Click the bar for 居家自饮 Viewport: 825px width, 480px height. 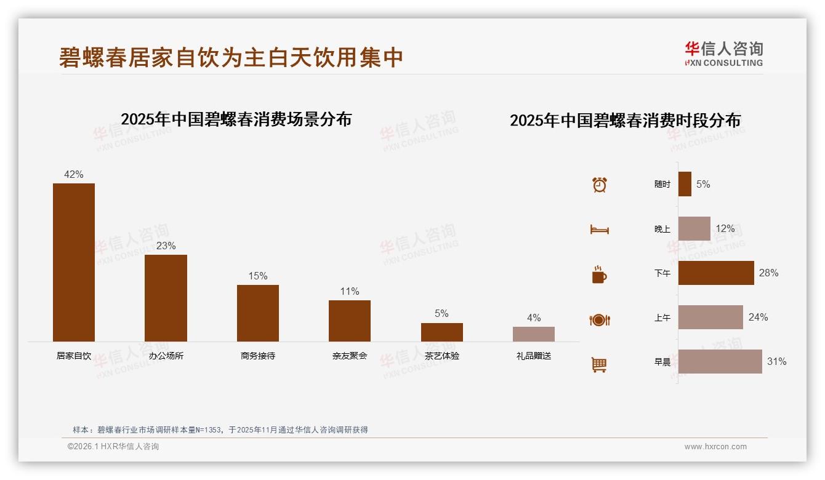tap(74, 262)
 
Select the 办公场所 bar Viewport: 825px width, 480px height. tap(166, 298)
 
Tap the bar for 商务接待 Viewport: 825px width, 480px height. tap(258, 313)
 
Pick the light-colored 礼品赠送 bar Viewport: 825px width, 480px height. tap(534, 334)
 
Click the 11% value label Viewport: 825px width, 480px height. tap(350, 291)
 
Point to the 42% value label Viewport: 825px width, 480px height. tap(74, 174)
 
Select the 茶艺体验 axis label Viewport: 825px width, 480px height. tap(441, 356)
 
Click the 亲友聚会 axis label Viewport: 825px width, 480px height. tap(350, 356)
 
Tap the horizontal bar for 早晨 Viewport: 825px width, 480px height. tap(720, 362)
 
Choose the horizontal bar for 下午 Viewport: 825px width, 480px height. tap(716, 273)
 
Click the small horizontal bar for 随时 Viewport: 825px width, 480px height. tap(685, 184)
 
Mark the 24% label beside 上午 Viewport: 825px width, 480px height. tap(758, 317)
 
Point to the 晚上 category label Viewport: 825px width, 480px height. tap(662, 229)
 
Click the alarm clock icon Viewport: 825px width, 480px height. tap(600, 185)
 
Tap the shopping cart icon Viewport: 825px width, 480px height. tap(599, 364)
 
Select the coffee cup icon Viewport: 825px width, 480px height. tap(599, 274)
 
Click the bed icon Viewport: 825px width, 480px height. tap(599, 230)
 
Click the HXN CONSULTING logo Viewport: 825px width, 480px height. tap(723, 54)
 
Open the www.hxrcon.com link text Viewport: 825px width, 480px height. tap(715, 447)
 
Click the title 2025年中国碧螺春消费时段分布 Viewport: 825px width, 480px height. tap(625, 120)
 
